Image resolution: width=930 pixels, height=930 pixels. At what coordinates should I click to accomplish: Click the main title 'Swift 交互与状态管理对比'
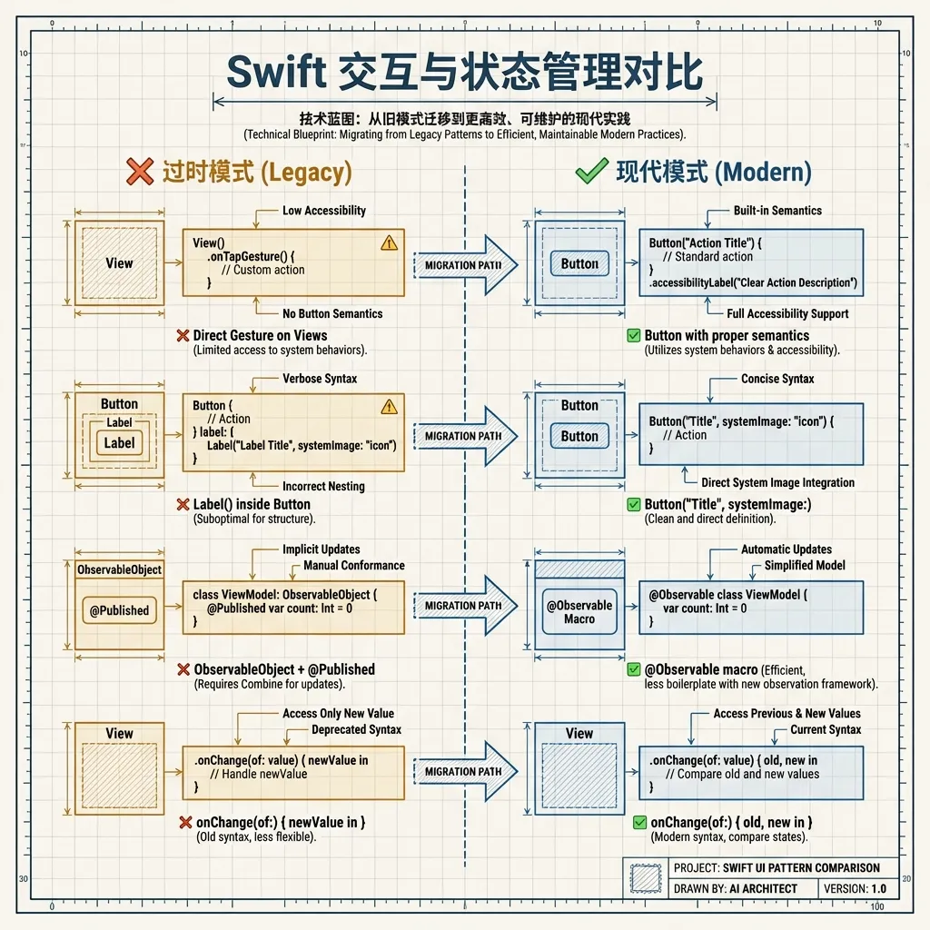[x=464, y=73]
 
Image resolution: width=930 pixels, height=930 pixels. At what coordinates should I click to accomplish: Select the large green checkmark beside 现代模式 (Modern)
[x=591, y=171]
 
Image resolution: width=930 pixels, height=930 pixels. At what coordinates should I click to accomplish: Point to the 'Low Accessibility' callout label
[x=323, y=211]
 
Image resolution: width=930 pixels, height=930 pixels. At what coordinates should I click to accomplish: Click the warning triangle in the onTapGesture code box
[x=389, y=242]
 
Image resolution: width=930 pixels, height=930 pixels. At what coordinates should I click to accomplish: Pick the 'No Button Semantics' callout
[x=332, y=313]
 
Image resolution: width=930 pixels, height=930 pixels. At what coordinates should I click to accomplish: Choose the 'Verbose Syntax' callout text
[x=320, y=379]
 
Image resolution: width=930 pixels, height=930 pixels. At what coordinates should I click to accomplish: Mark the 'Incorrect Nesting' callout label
[x=323, y=486]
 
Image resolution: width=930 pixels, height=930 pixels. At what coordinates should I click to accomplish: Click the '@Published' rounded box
[x=119, y=610]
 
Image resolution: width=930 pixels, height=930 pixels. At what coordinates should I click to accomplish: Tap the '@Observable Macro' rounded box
[x=579, y=611]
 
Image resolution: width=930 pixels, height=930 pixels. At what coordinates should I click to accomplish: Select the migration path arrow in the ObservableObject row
[x=465, y=606]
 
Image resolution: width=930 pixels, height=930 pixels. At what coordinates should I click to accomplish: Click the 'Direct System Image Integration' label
[x=777, y=482]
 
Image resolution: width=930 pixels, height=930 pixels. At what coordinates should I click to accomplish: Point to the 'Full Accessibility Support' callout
[x=787, y=313]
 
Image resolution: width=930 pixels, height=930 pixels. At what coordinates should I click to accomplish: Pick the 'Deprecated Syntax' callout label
[x=356, y=729]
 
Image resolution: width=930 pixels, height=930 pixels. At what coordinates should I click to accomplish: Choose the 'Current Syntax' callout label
[x=826, y=729]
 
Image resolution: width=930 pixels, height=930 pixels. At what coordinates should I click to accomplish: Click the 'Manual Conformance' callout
[x=354, y=565]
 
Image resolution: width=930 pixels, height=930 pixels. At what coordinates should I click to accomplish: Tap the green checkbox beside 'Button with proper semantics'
[x=634, y=336]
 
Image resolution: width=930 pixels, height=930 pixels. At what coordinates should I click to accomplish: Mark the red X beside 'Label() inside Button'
[x=183, y=504]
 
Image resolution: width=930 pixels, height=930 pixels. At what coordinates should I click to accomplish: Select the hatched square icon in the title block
[x=646, y=877]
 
